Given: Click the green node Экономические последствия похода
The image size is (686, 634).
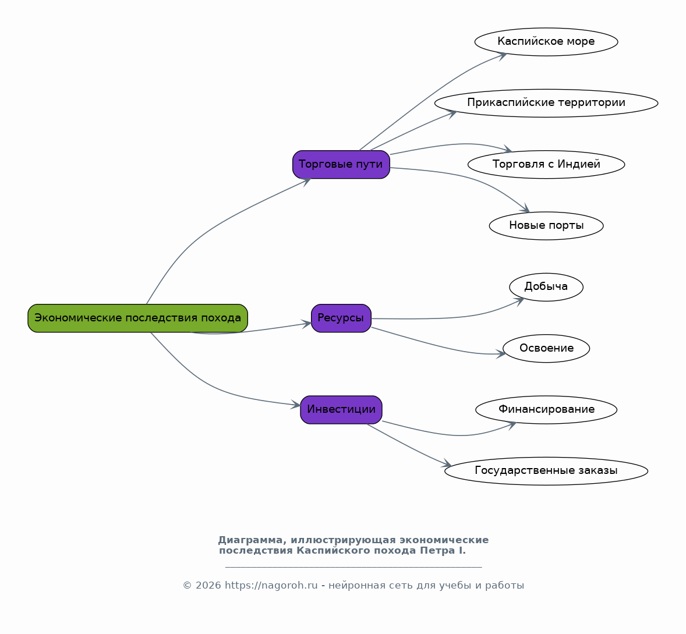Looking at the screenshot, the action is click(138, 318).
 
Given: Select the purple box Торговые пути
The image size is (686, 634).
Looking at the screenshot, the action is click(341, 164).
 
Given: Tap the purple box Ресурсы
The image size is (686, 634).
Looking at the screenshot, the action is click(341, 318).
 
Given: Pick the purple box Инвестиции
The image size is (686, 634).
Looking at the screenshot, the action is click(341, 410).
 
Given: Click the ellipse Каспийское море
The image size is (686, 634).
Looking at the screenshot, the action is click(546, 42).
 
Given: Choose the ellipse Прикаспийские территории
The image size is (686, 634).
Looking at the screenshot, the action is click(546, 103).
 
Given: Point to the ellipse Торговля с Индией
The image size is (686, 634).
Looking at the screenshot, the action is click(546, 164).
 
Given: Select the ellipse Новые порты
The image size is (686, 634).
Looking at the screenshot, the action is click(546, 226).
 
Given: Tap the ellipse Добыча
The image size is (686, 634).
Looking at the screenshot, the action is click(546, 287).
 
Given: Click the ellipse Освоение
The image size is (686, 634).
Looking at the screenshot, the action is click(546, 349).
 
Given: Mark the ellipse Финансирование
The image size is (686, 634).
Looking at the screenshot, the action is click(546, 410).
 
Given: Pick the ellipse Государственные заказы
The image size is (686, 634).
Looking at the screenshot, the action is click(546, 471).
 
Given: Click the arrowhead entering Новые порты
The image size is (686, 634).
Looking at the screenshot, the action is click(525, 208).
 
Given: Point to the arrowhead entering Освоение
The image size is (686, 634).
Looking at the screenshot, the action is click(501, 354).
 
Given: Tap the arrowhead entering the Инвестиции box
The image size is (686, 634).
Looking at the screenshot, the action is click(296, 405).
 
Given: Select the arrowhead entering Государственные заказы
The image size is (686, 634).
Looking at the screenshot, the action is click(446, 463).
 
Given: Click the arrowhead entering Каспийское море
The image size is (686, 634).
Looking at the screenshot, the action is click(502, 55).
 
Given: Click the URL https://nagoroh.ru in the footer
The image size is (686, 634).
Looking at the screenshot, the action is click(271, 586).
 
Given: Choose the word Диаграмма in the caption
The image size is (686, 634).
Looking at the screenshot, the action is click(250, 540).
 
